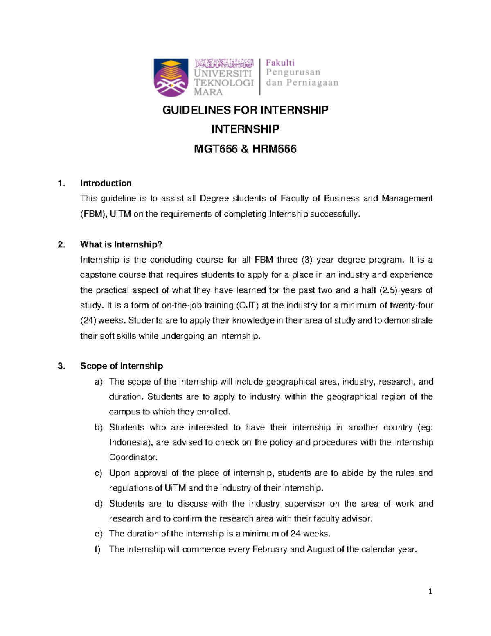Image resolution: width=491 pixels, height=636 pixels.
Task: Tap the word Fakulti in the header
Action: tap(280, 63)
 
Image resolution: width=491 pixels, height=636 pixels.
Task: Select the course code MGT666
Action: tap(216, 149)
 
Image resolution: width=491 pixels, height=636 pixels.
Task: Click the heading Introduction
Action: tap(106, 183)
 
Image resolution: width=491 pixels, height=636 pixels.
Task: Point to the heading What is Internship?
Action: tap(121, 244)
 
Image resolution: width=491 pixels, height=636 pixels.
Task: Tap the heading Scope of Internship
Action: tap(122, 366)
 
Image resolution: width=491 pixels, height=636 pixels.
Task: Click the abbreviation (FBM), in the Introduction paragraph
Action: tap(94, 214)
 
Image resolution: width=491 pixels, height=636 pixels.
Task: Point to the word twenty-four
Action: tap(411, 306)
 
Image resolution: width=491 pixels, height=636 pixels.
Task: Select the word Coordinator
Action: tap(133, 458)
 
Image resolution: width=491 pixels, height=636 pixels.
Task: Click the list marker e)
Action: tap(98, 534)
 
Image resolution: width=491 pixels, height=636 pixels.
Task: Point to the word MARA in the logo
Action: tap(208, 92)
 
